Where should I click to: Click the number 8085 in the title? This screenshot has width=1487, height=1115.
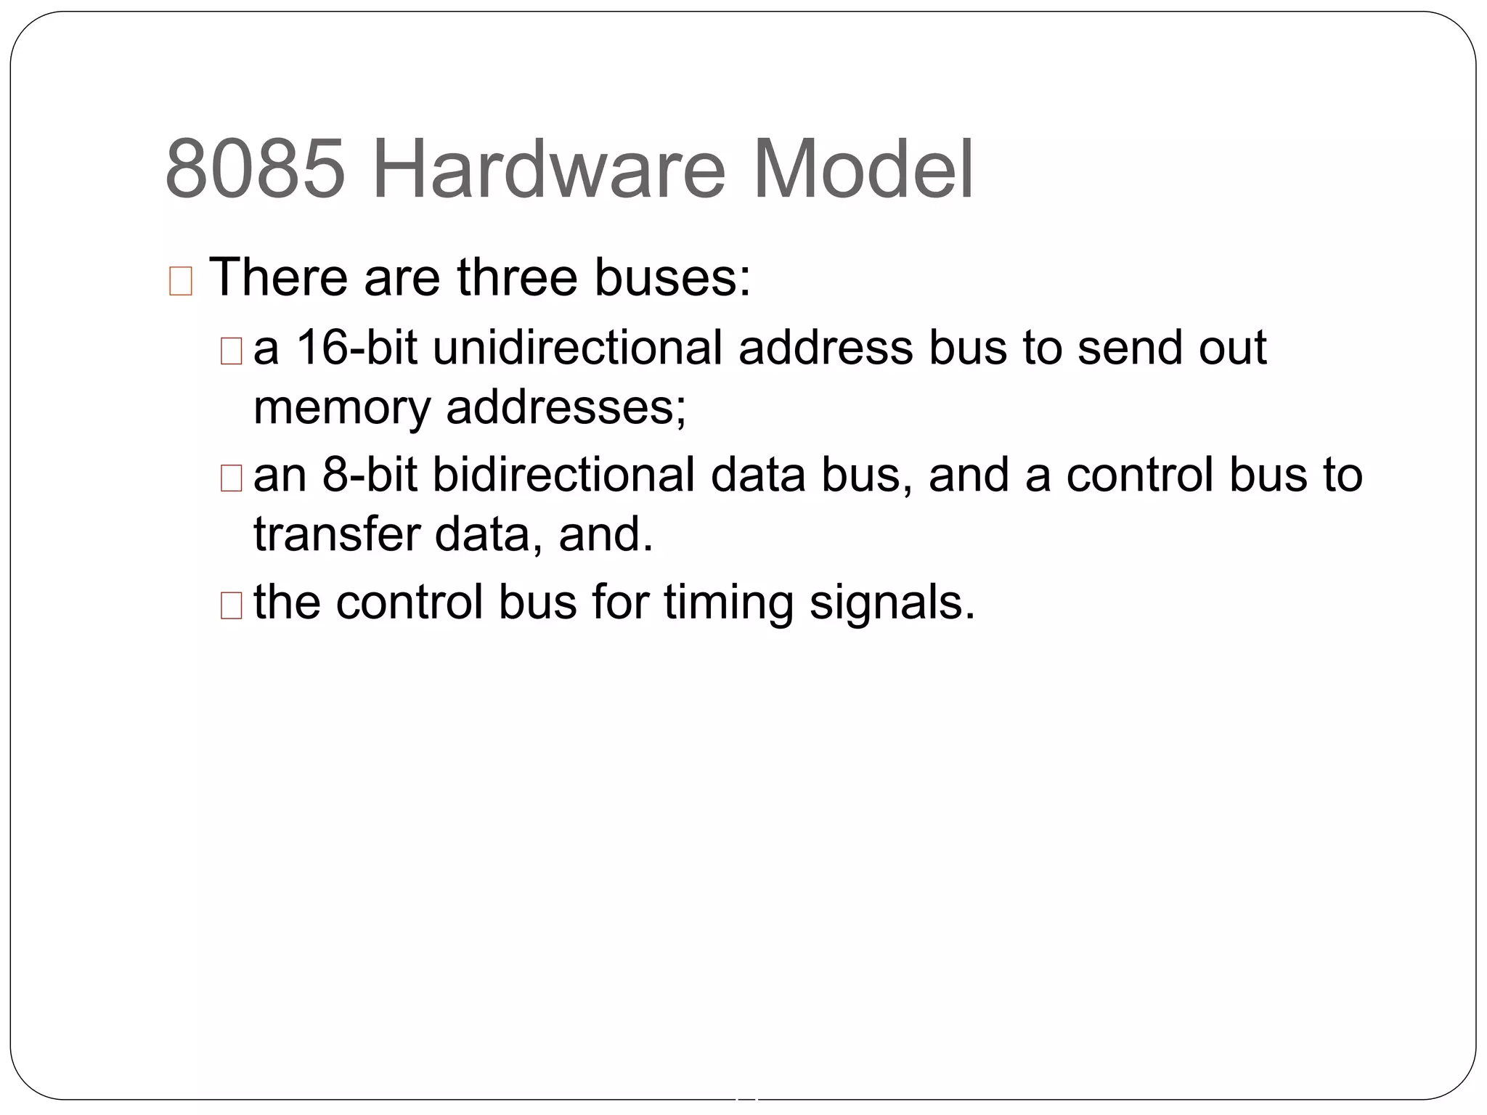[x=255, y=170]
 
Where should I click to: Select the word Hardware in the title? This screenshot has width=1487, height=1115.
[x=548, y=170]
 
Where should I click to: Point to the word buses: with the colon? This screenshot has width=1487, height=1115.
[x=672, y=277]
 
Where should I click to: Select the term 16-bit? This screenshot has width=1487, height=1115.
[x=357, y=347]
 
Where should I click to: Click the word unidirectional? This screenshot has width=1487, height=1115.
[x=577, y=347]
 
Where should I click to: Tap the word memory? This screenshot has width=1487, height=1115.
[x=342, y=407]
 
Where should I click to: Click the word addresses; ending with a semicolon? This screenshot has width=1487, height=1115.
[x=566, y=407]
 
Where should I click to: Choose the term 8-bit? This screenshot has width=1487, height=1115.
[x=370, y=475]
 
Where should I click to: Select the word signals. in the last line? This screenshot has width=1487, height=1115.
[x=892, y=603]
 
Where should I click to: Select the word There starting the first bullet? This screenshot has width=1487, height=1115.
[x=278, y=277]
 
